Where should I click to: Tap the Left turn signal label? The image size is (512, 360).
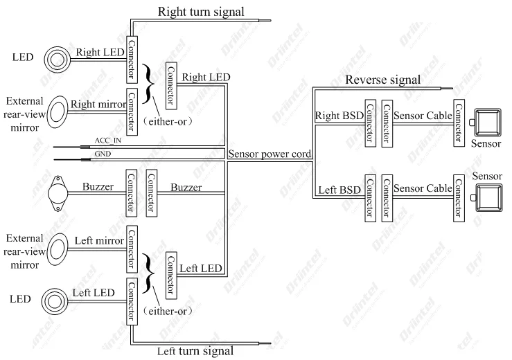pyautogui.click(x=196, y=350)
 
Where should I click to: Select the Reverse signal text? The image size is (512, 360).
pyautogui.click(x=382, y=79)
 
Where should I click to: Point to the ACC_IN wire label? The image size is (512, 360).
pyautogui.click(x=108, y=141)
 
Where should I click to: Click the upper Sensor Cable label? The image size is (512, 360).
pyautogui.click(x=422, y=115)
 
